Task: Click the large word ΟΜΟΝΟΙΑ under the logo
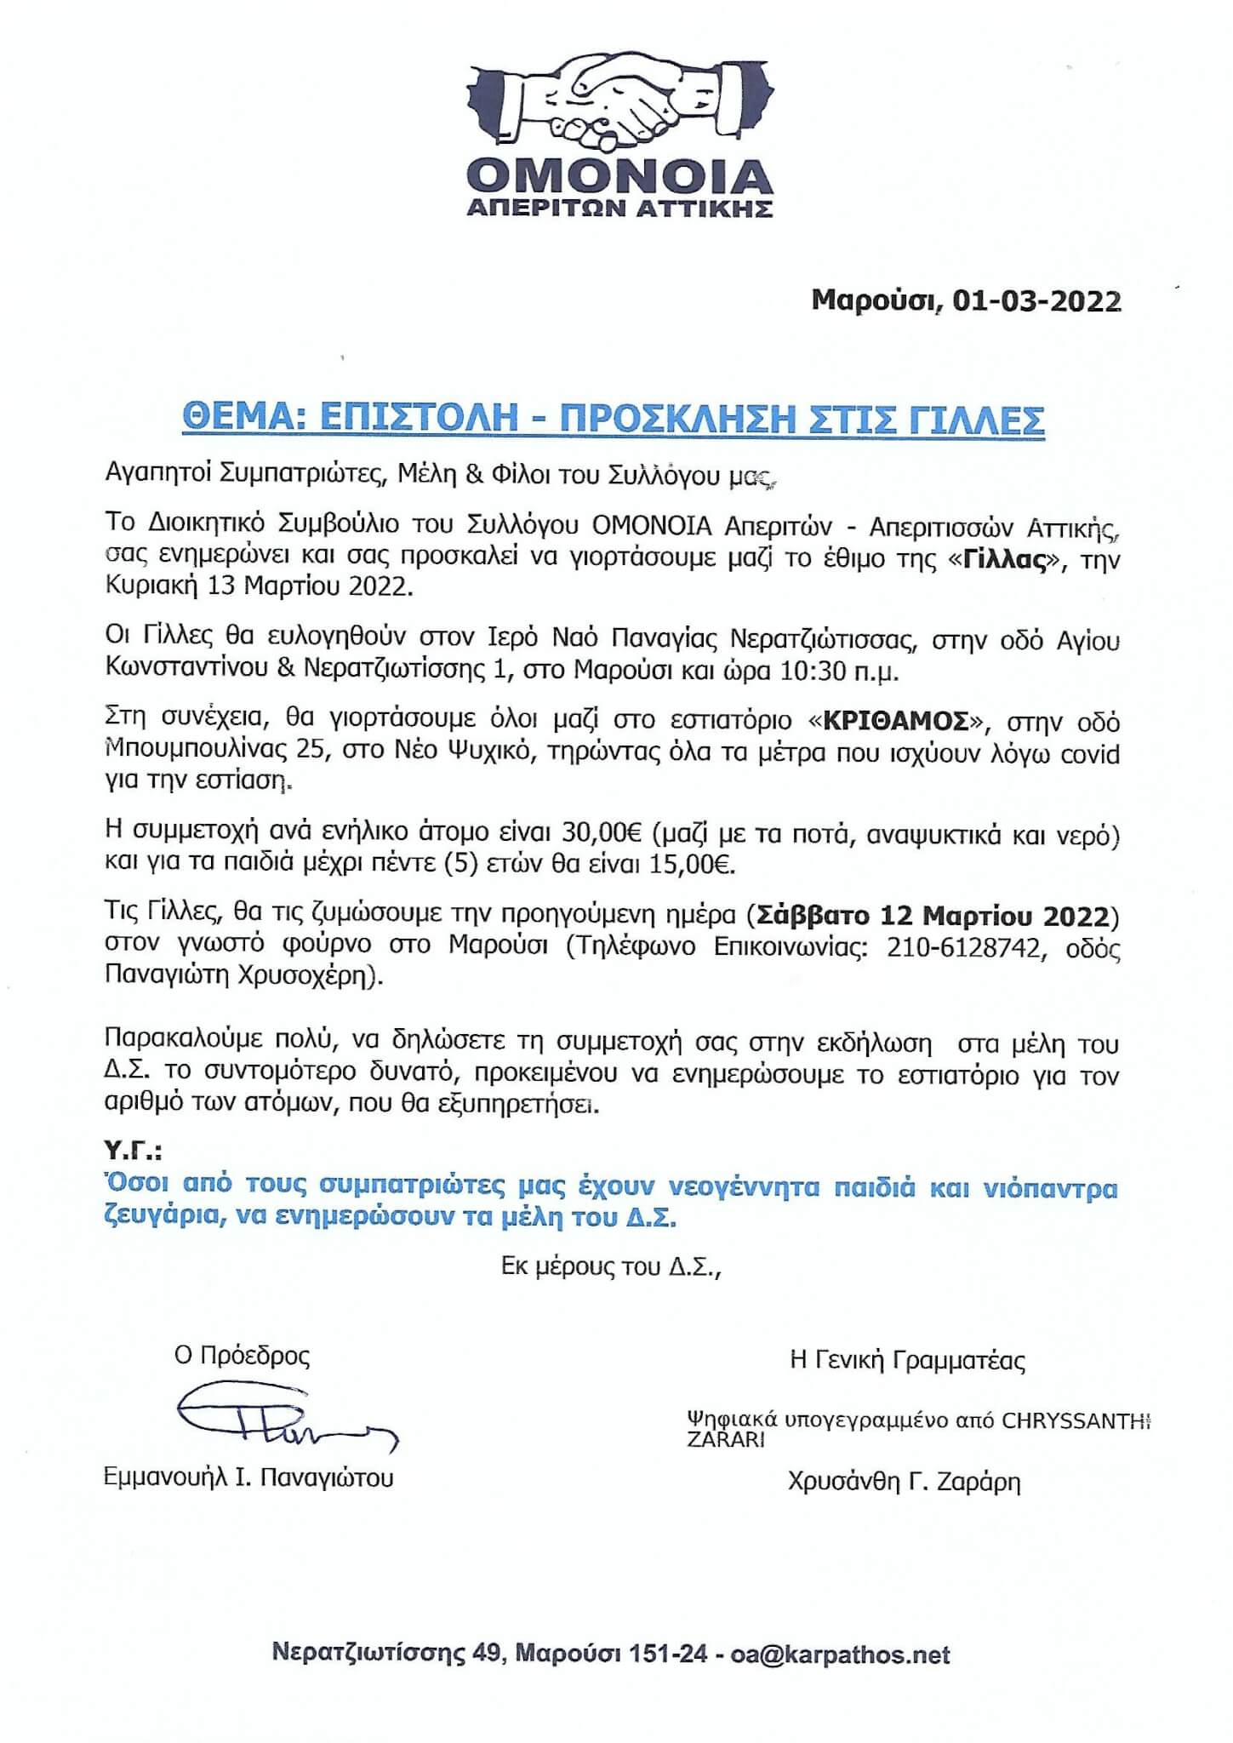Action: click(x=619, y=176)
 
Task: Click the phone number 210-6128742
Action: click(x=964, y=946)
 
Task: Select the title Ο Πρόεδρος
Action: click(x=242, y=1355)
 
